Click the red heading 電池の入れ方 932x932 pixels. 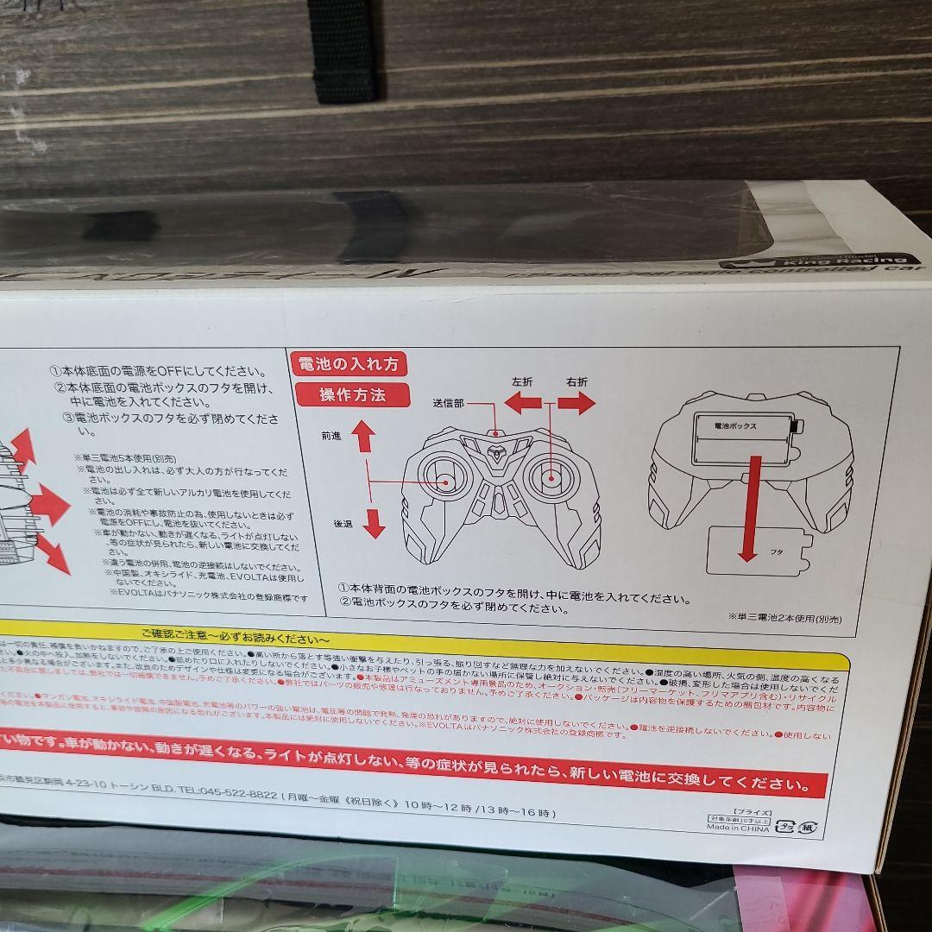pos(350,364)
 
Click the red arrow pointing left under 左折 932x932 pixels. pos(522,401)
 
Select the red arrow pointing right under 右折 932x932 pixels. pos(576,402)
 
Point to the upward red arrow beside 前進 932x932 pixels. pos(363,436)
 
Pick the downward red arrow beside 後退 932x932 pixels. pos(373,522)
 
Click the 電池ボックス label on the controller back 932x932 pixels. pos(736,426)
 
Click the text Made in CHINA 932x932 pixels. pos(739,827)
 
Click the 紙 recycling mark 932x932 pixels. pos(807,826)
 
